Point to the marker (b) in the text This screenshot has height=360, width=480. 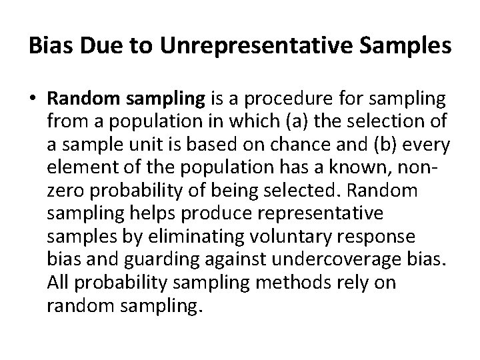point(376,145)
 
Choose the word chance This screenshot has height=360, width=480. point(313,145)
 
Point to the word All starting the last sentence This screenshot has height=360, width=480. point(59,283)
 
